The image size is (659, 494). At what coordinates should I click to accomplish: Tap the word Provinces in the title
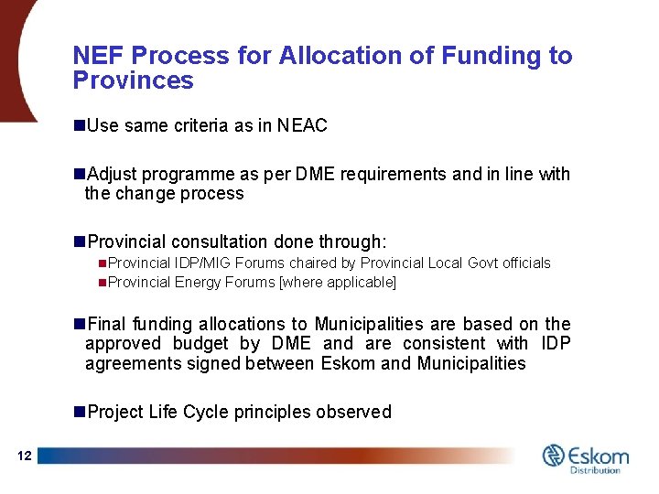point(133,81)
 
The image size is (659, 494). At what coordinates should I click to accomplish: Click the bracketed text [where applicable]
point(337,283)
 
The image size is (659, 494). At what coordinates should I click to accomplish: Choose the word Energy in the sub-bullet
point(197,283)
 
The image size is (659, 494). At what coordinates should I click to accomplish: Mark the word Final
point(107,324)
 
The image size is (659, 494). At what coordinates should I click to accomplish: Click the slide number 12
point(24,456)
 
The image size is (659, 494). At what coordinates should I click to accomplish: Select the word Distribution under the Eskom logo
point(596,470)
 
